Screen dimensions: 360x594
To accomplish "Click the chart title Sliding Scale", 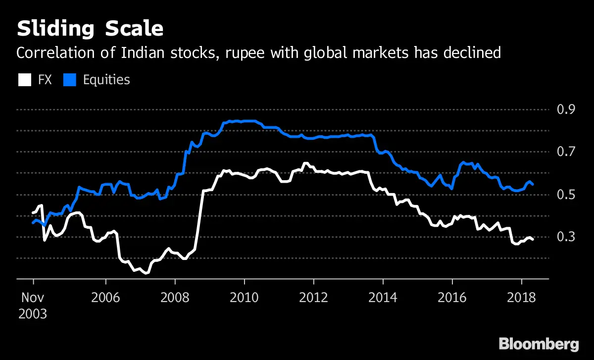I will point(90,29).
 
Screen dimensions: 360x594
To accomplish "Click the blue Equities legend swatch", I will point(70,80).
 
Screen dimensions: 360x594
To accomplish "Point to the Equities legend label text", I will point(106,80).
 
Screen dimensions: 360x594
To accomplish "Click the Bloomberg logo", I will point(539,344).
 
